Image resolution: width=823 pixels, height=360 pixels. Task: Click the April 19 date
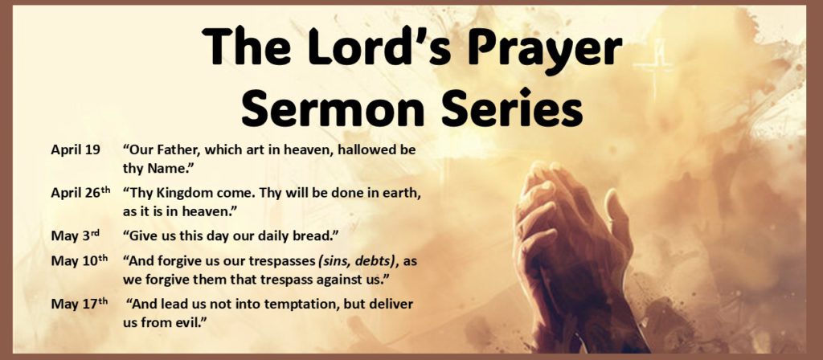76,150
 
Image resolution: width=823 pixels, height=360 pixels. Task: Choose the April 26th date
80,194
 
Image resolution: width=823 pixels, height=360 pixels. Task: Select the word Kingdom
190,194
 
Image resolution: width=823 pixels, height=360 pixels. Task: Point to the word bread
316,235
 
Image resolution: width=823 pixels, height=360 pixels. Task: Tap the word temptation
301,305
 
